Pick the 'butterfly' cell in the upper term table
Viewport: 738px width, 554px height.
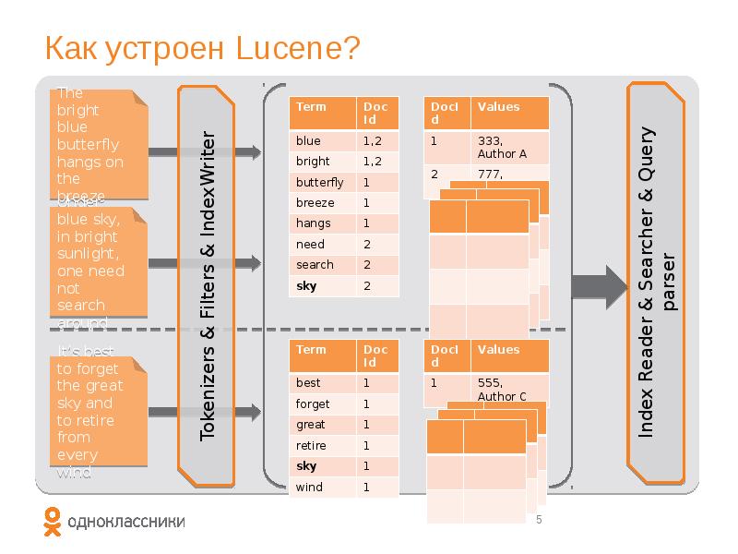coord(320,182)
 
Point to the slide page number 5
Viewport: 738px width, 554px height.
coord(539,521)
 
